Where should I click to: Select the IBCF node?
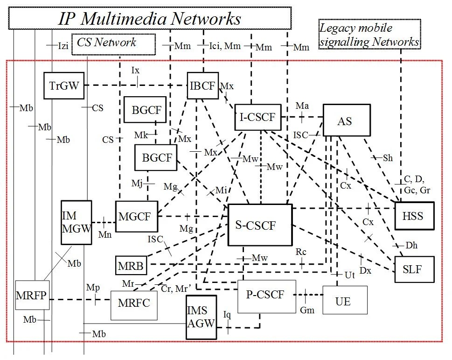click(203, 85)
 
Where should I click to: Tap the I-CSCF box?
click(257, 116)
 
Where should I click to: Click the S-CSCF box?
click(260, 225)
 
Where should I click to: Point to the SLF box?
click(411, 268)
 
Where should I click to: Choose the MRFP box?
click(32, 295)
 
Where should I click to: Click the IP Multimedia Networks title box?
click(150, 19)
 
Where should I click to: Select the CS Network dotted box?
click(113, 43)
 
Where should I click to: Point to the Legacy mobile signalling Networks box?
click(369, 35)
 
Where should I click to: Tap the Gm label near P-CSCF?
click(306, 310)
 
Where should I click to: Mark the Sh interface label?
click(388, 158)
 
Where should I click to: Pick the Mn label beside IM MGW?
click(105, 235)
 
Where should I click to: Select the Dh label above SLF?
click(411, 245)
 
